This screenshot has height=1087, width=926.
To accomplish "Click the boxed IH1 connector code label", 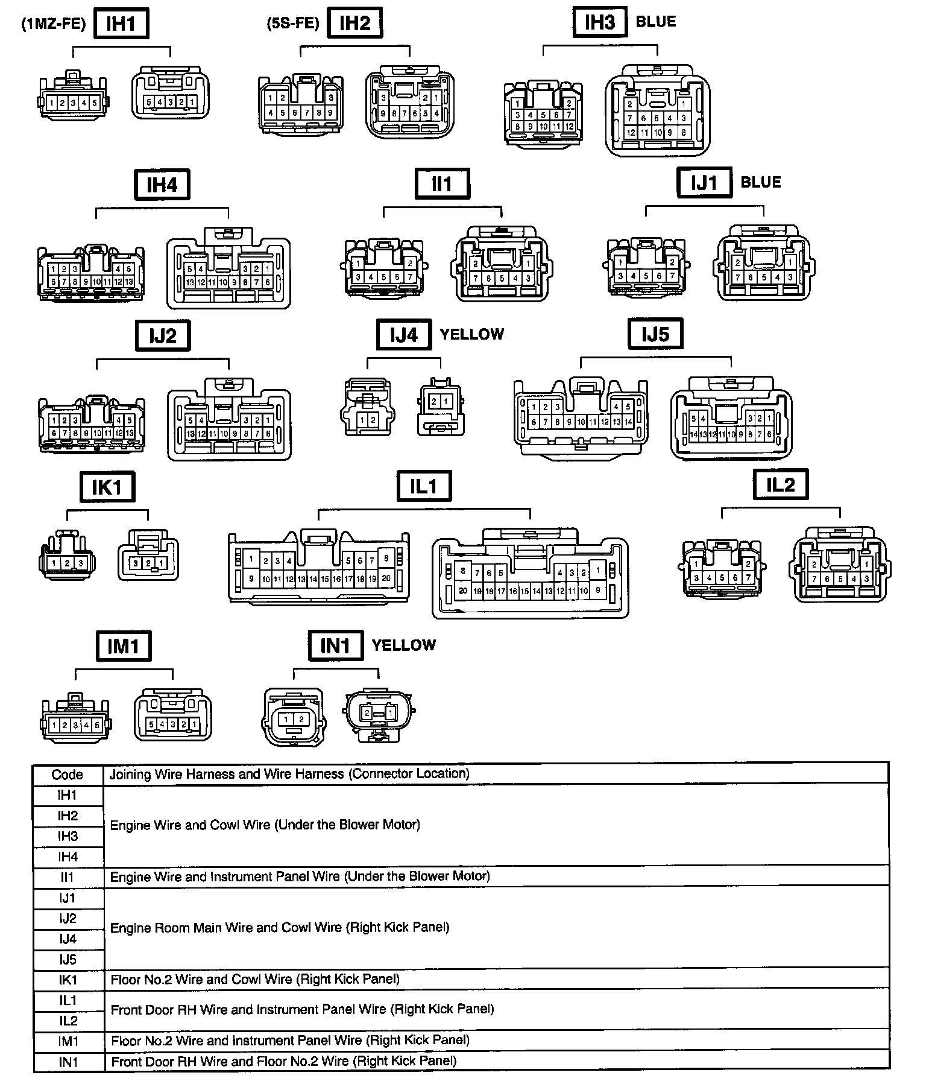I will pyautogui.click(x=121, y=24).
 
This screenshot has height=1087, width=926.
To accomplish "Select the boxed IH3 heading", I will pyautogui.click(x=600, y=23).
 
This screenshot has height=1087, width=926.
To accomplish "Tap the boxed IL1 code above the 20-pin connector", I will pyautogui.click(x=424, y=486).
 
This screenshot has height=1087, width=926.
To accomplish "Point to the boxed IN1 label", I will pyautogui.click(x=335, y=646).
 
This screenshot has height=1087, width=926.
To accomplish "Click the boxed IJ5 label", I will pyautogui.click(x=655, y=334).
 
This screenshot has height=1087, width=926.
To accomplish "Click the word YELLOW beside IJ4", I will pyautogui.click(x=472, y=334).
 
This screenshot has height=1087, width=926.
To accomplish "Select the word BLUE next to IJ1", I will pyautogui.click(x=760, y=182).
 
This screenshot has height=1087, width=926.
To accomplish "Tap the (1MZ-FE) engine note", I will pyautogui.click(x=54, y=25).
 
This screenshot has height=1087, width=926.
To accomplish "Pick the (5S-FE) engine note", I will pyautogui.click(x=293, y=24).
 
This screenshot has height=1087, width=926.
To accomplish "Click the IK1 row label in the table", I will pyautogui.click(x=68, y=980).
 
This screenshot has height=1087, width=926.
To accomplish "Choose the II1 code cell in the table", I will pyautogui.click(x=68, y=877).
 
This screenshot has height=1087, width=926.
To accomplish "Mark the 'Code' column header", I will pyautogui.click(x=67, y=775).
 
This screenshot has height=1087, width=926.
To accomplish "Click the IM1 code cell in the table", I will pyautogui.click(x=68, y=1041).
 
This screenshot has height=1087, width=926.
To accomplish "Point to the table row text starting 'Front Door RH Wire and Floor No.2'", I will pyautogui.click(x=284, y=1061).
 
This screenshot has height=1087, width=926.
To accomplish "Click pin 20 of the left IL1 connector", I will pyautogui.click(x=386, y=578).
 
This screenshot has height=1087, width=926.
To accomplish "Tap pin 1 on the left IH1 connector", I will pyautogui.click(x=52, y=103).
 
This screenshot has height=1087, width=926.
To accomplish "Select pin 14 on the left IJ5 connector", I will pyautogui.click(x=628, y=422).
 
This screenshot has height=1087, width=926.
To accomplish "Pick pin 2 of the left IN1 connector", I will pyautogui.click(x=300, y=719).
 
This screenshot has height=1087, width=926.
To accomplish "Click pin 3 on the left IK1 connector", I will pyautogui.click(x=80, y=563).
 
